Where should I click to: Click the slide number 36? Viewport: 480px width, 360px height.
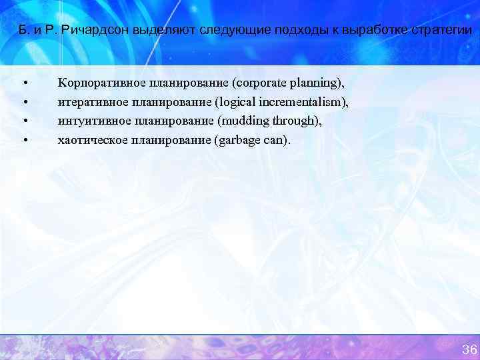pyautogui.click(x=469, y=350)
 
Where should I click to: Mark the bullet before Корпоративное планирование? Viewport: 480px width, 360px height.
pyautogui.click(x=25, y=83)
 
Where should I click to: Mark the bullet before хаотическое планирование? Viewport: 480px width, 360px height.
pyautogui.click(x=25, y=140)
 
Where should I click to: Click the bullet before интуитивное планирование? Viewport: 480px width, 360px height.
pyautogui.click(x=25, y=121)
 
